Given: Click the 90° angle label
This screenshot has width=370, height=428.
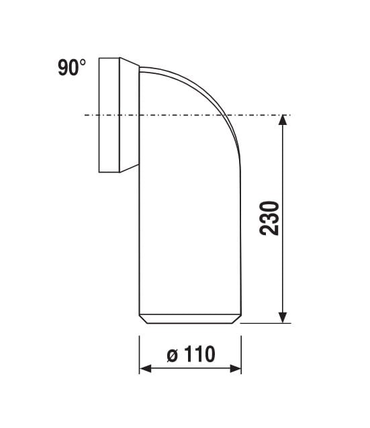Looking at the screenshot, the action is click(x=72, y=67).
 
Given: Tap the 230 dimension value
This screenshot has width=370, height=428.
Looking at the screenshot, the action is click(x=269, y=218).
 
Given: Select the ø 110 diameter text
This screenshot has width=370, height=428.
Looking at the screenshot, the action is click(x=191, y=354).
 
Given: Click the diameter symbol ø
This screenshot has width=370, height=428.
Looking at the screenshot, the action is click(x=173, y=355).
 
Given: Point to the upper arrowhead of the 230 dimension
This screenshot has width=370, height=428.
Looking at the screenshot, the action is click(x=283, y=120).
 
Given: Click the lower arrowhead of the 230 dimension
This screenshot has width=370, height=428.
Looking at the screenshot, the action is click(x=283, y=318).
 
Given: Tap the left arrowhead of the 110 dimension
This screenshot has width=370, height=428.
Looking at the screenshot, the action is click(x=145, y=369).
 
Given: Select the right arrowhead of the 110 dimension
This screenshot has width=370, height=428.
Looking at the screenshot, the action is click(x=236, y=369).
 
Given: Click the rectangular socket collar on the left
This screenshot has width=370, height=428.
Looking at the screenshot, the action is click(x=109, y=115).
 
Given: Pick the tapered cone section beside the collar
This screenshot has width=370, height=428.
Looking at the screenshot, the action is click(x=130, y=115).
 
